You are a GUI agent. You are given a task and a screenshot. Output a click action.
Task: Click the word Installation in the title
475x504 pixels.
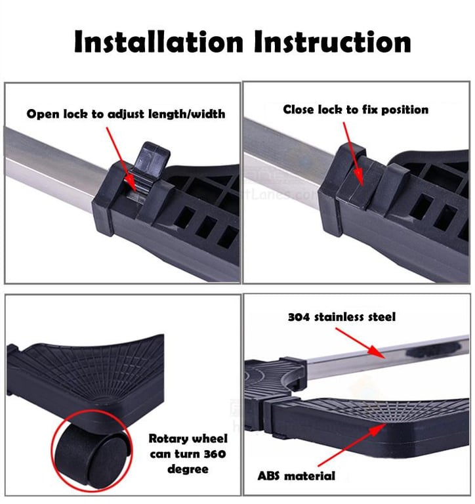click(158, 41)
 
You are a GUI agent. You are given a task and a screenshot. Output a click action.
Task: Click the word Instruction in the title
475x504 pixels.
click(333, 41)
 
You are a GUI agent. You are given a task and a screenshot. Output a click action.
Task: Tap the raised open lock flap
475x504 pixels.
click(151, 159)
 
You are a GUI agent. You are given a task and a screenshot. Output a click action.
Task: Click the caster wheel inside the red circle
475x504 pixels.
click(93, 453)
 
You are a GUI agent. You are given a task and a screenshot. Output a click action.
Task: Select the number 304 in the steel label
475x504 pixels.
click(299, 317)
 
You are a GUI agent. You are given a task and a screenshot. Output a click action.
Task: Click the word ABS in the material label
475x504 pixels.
click(269, 476)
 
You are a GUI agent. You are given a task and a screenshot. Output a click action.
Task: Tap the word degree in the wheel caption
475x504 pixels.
click(188, 469)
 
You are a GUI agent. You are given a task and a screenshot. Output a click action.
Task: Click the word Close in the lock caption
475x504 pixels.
click(299, 110)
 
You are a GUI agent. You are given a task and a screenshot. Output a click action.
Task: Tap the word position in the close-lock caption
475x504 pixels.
click(405, 110)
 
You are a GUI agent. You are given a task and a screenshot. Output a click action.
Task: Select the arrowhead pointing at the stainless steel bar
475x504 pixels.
click(377, 352)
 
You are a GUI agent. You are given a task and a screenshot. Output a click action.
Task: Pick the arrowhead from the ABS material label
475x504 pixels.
click(379, 429)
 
